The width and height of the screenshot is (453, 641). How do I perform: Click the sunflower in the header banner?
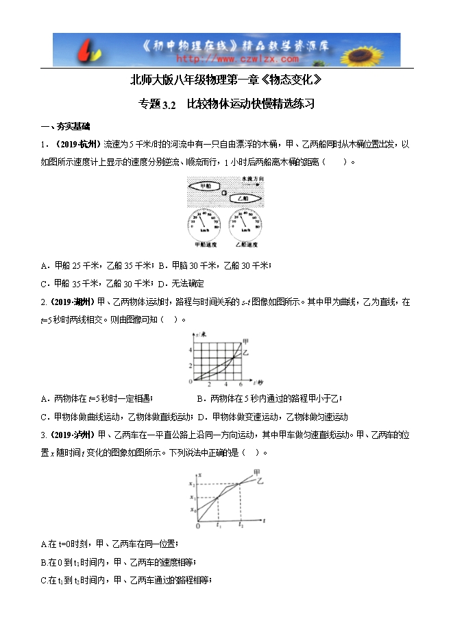point(376,49)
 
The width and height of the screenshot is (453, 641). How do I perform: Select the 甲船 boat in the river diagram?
point(204,186)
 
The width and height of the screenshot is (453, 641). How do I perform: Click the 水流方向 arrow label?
point(252,180)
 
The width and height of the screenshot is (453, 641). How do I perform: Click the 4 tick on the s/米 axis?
point(190,350)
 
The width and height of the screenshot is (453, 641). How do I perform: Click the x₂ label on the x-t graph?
point(193,485)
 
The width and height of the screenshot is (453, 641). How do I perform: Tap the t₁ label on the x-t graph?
point(218,527)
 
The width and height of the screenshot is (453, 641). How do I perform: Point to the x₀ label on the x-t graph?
point(193,510)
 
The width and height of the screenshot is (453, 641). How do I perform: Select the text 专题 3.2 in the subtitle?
point(158,105)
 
